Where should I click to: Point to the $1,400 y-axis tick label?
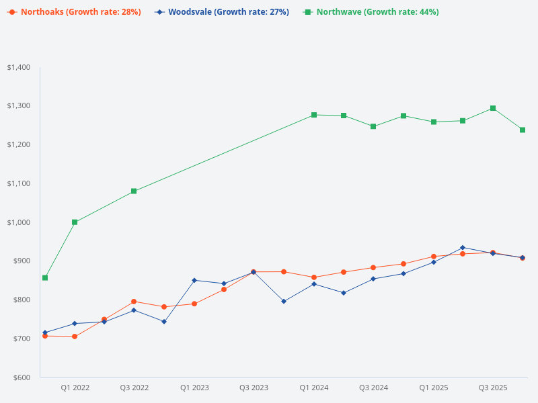coord(19,68)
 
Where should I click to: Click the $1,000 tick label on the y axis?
coord(19,222)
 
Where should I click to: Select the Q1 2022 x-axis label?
coord(75,388)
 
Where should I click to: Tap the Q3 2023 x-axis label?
coord(254,388)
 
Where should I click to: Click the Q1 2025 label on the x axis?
coord(434,388)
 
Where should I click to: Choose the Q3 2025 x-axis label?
coord(493,388)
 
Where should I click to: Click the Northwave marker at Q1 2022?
coord(75,222)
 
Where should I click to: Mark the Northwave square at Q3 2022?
coord(134,191)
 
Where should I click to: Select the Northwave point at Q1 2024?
coord(314,115)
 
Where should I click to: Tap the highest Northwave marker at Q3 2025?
coord(493,108)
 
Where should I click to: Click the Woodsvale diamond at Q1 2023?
coord(194,280)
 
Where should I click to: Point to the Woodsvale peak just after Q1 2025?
coord(463,248)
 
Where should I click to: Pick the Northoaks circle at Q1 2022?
coord(75,337)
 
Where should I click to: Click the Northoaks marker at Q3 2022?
coord(134,302)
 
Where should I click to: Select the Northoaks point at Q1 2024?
coord(314,277)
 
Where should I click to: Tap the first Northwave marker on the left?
coord(45,277)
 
